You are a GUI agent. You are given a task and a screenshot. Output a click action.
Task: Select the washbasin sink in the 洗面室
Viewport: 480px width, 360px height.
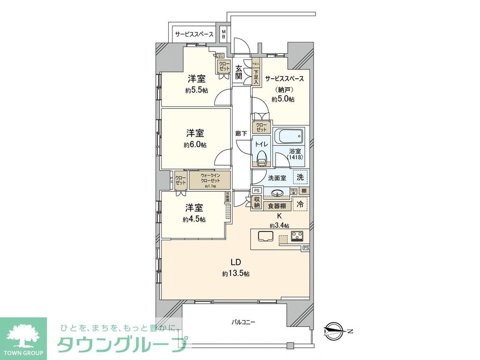click(277, 192)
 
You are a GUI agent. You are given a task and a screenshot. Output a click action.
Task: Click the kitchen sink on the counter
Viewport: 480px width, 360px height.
click(265, 236)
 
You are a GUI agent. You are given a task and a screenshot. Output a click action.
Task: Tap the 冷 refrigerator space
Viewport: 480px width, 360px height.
click(300, 204)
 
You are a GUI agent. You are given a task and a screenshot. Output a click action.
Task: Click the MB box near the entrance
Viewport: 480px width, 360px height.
click(224, 34)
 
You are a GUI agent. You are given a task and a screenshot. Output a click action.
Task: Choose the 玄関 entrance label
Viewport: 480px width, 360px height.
click(239, 73)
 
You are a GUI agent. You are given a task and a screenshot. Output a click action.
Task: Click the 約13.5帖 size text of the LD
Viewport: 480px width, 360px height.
click(236, 273)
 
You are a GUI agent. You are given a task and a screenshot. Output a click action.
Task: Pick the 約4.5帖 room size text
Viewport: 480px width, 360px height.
click(195, 219)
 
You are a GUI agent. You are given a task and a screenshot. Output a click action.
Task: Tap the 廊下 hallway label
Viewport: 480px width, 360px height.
click(241, 134)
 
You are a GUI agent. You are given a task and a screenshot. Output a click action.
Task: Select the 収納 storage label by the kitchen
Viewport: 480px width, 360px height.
click(257, 203)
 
